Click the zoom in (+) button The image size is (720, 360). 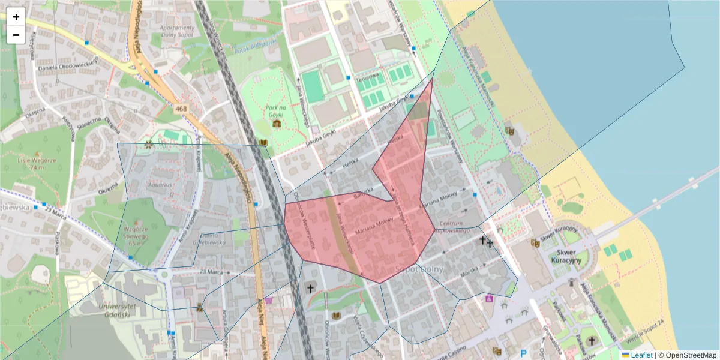click(16, 17)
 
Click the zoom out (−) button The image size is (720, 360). click(16, 35)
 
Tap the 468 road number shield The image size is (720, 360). click(181, 109)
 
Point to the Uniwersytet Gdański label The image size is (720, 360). click(112, 309)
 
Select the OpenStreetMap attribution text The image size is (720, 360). click(688, 355)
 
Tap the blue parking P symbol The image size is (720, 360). click(524, 354)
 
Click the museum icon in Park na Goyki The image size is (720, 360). click(277, 124)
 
